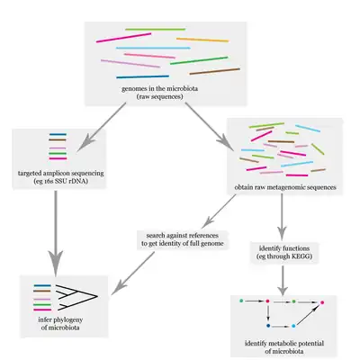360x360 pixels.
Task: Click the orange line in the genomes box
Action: pyautogui.click(x=195, y=40)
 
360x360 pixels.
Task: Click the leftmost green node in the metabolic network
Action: pyautogui.click(x=243, y=298)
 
